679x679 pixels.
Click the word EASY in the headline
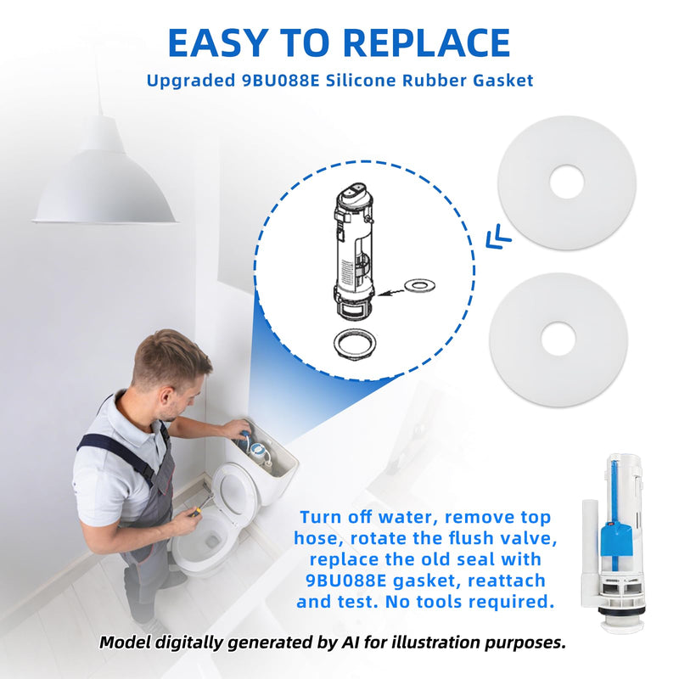pos(216,43)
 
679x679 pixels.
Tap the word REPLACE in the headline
pos(428,43)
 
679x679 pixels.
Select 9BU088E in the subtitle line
pos(280,81)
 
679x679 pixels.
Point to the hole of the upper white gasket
pos(567,182)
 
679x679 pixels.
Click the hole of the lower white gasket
pos(558,339)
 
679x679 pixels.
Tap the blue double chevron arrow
pos(498,237)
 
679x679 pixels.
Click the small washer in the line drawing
pos(419,285)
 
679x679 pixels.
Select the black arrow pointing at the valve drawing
pos(390,292)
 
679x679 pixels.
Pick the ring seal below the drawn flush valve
pos(355,345)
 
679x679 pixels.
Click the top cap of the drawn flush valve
pos(354,192)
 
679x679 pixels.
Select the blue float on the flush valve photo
pos(614,535)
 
